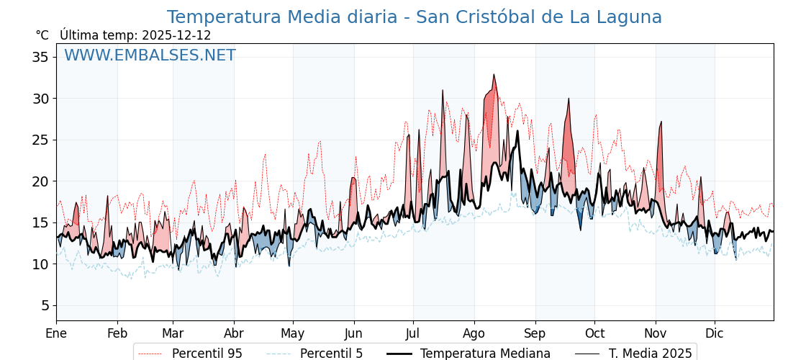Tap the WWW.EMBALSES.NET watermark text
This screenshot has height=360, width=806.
point(150,55)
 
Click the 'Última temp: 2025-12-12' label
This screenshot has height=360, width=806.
point(135,35)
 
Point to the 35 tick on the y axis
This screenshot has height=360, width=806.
point(40,57)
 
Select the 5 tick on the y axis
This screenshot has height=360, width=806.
point(45,305)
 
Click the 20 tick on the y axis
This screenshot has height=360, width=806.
point(40,181)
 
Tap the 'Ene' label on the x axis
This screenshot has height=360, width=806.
point(56,333)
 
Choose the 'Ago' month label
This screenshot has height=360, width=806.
point(474,333)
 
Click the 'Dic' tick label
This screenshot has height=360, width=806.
point(715,333)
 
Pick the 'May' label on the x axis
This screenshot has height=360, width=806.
point(293,333)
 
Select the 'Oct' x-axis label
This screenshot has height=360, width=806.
point(594,333)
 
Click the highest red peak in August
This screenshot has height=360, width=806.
point(494,76)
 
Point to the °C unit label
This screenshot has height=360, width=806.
point(42,35)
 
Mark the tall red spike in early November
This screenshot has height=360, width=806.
point(661,123)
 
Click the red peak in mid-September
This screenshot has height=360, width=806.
point(569,99)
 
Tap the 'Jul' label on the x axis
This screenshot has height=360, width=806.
point(413,333)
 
